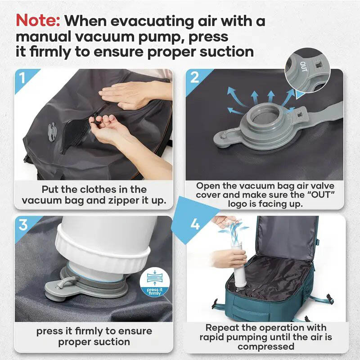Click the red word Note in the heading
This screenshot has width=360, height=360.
click(38, 21)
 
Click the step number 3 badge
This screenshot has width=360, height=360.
click(23, 225)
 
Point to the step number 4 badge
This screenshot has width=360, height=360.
click(195, 224)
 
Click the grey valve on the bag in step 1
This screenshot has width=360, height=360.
click(52, 131)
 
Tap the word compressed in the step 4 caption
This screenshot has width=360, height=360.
click(266, 346)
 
